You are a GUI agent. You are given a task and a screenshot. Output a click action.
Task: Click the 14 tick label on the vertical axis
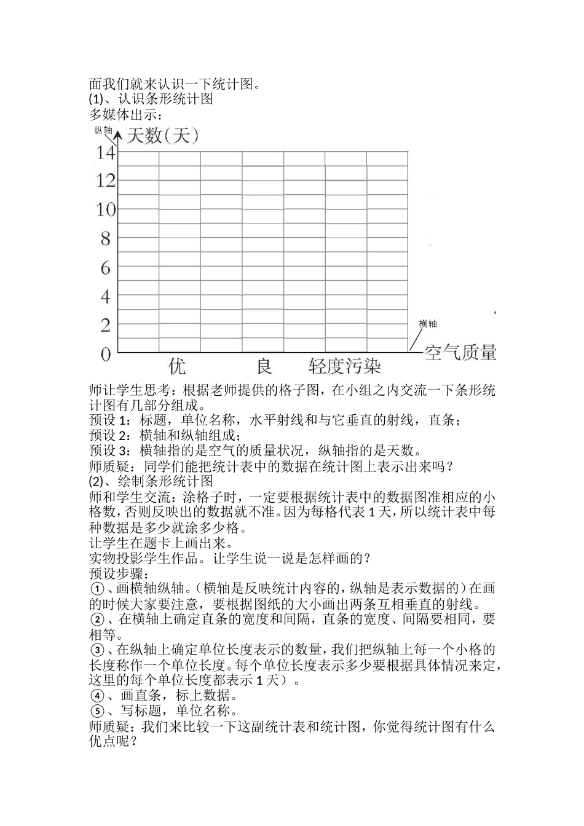(x=106, y=152)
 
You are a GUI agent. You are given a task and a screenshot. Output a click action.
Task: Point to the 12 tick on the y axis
(x=106, y=180)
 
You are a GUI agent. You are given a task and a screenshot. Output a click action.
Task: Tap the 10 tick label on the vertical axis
(x=106, y=210)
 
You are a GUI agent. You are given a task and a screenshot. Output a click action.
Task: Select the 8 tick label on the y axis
(x=106, y=238)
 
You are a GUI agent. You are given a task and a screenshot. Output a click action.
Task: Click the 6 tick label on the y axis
(x=106, y=268)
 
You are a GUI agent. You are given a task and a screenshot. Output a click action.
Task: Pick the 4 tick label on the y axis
(x=106, y=297)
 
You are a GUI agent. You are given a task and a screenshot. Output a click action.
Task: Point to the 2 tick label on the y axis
(x=106, y=326)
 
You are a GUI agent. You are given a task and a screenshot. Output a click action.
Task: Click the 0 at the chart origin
(x=106, y=355)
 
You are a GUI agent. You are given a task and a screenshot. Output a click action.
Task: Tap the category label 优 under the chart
(x=177, y=367)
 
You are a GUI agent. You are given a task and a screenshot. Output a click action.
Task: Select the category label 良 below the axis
(x=264, y=367)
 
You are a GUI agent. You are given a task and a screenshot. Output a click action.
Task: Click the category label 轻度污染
(x=345, y=367)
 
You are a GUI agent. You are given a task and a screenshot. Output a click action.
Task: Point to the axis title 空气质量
(x=460, y=353)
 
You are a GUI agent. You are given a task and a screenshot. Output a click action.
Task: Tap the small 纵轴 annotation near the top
(x=103, y=130)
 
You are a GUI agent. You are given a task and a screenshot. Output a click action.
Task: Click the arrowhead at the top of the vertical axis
(x=118, y=134)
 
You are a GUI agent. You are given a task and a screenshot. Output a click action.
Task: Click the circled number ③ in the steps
(x=97, y=650)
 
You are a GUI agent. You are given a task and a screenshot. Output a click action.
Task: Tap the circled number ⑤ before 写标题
(x=97, y=711)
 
